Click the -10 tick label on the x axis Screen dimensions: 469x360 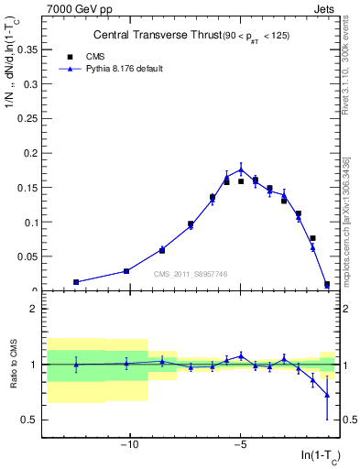tap(129, 446)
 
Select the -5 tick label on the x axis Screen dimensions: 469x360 tap(240, 446)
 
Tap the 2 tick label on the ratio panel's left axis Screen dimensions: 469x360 tap(35, 309)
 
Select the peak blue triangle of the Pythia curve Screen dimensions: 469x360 tap(241, 169)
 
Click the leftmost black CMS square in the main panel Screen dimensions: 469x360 tap(76, 282)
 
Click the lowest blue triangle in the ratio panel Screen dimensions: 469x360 tap(327, 395)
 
